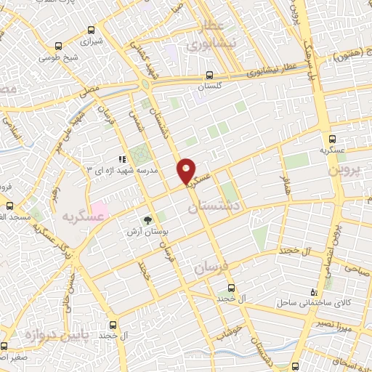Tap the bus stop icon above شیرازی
click(x=91, y=31)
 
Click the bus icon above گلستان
click(x=209, y=74)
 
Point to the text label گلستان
click(x=209, y=86)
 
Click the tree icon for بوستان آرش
click(x=147, y=219)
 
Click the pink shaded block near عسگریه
click(x=100, y=211)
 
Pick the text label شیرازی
click(x=91, y=43)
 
